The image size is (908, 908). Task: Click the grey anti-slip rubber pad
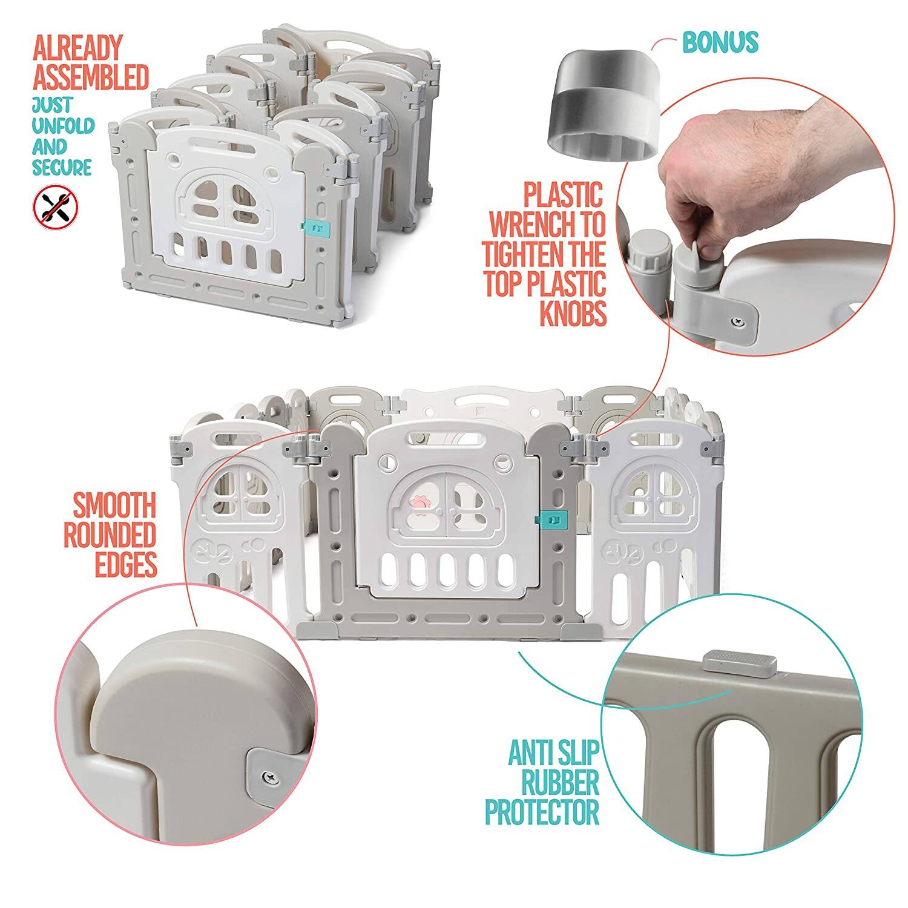pyautogui.click(x=740, y=662)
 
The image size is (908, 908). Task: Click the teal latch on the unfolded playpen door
pyautogui.click(x=552, y=518)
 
